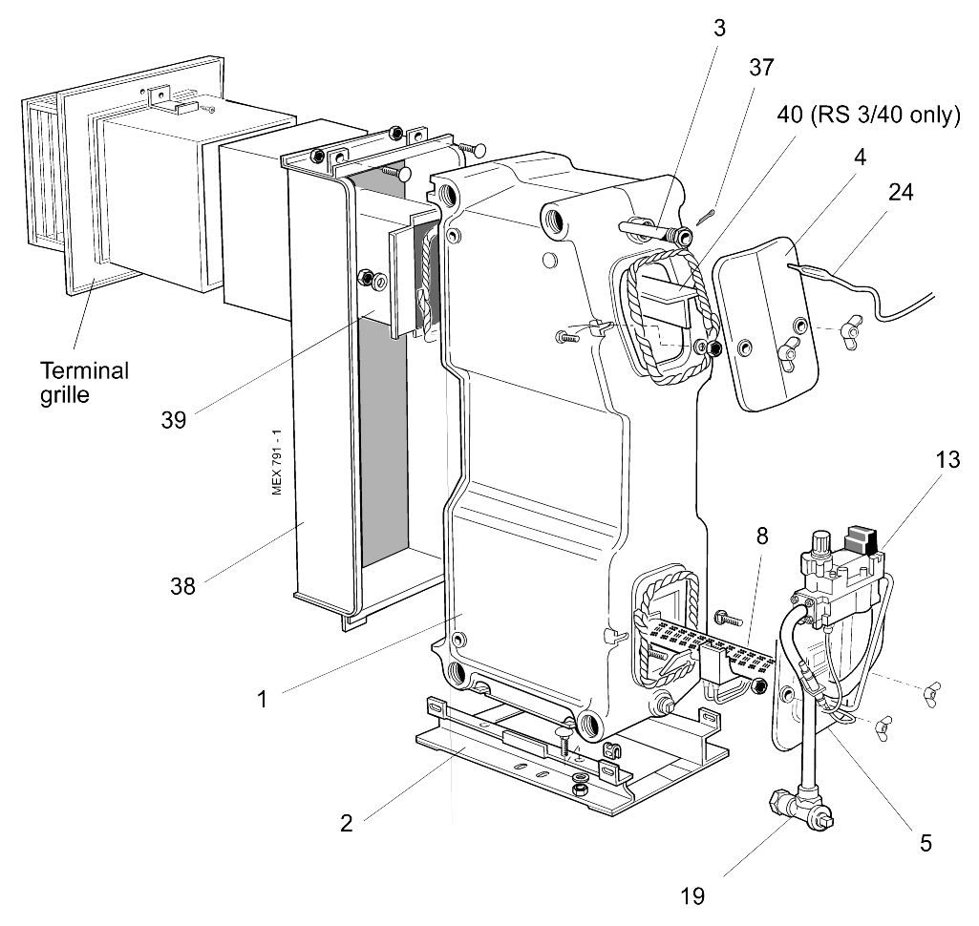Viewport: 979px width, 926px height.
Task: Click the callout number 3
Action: coord(720,28)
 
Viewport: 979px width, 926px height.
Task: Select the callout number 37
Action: coord(761,68)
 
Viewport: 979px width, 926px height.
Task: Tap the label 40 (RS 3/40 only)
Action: coord(868,115)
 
